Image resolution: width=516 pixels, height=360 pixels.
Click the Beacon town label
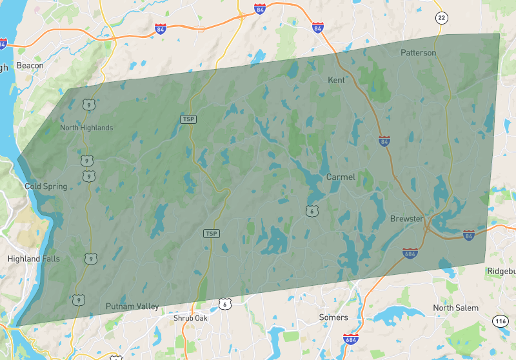30,65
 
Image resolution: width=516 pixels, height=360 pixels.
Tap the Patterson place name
418,52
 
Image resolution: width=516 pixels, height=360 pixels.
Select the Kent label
336,80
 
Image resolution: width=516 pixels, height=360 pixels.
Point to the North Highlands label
86,128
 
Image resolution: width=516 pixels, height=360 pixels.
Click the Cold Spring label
46,186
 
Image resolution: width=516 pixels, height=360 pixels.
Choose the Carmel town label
340,177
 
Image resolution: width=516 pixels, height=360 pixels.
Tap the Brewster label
406,219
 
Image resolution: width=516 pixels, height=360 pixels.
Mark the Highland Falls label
33,259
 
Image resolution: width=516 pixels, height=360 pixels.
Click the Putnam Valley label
132,306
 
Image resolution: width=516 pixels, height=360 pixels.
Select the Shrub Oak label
192,318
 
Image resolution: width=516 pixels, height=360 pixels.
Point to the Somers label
333,317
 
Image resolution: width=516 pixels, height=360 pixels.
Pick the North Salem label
455,308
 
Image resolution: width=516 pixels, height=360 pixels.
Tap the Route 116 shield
501,320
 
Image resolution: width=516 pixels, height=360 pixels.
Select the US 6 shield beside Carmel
312,210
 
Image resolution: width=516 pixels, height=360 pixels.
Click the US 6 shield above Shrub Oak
224,303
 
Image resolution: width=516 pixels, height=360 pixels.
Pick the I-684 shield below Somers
350,339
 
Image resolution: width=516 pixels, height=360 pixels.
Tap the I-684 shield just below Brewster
410,253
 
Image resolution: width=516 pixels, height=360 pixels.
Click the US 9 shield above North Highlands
88,103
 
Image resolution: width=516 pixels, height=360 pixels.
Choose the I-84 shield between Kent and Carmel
384,140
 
